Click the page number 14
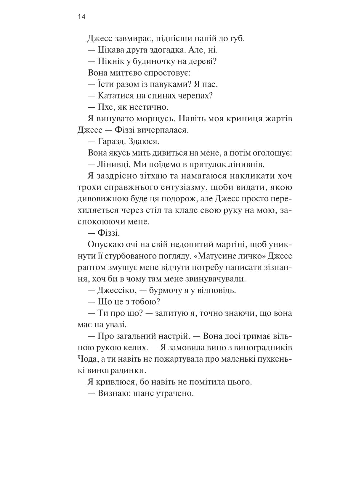[x=82, y=17]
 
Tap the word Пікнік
[x=110, y=61]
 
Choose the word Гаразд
[x=112, y=141]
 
